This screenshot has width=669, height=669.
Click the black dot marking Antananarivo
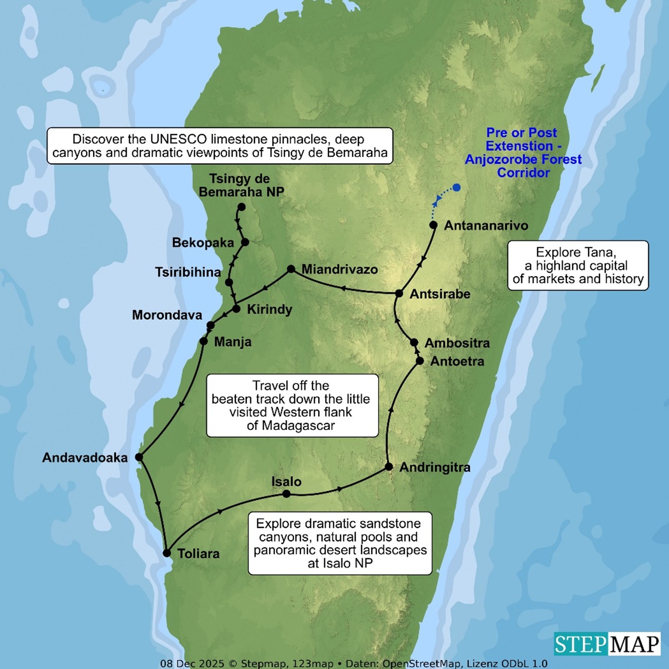tap(433, 225)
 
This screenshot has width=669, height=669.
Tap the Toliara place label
tap(198, 554)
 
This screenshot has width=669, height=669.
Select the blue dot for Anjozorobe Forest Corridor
tap(456, 187)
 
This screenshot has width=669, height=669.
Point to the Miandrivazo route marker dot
tap(291, 269)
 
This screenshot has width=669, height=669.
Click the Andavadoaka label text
tap(85, 458)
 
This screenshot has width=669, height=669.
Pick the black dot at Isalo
tap(286, 494)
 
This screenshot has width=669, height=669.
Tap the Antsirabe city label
tap(440, 294)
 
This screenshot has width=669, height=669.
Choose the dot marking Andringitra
tap(389, 467)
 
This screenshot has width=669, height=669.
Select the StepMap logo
tap(607, 644)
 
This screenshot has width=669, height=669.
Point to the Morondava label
tap(167, 315)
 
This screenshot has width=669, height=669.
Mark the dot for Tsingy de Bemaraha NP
tap(241, 207)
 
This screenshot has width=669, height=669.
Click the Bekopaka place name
tap(203, 243)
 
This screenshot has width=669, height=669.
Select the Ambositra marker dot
tap(414, 342)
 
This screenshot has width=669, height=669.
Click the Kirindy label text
tap(269, 310)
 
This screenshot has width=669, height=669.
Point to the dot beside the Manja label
tap(203, 341)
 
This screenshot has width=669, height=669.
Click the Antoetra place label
tap(457, 362)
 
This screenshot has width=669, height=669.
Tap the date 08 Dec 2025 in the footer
tap(192, 663)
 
